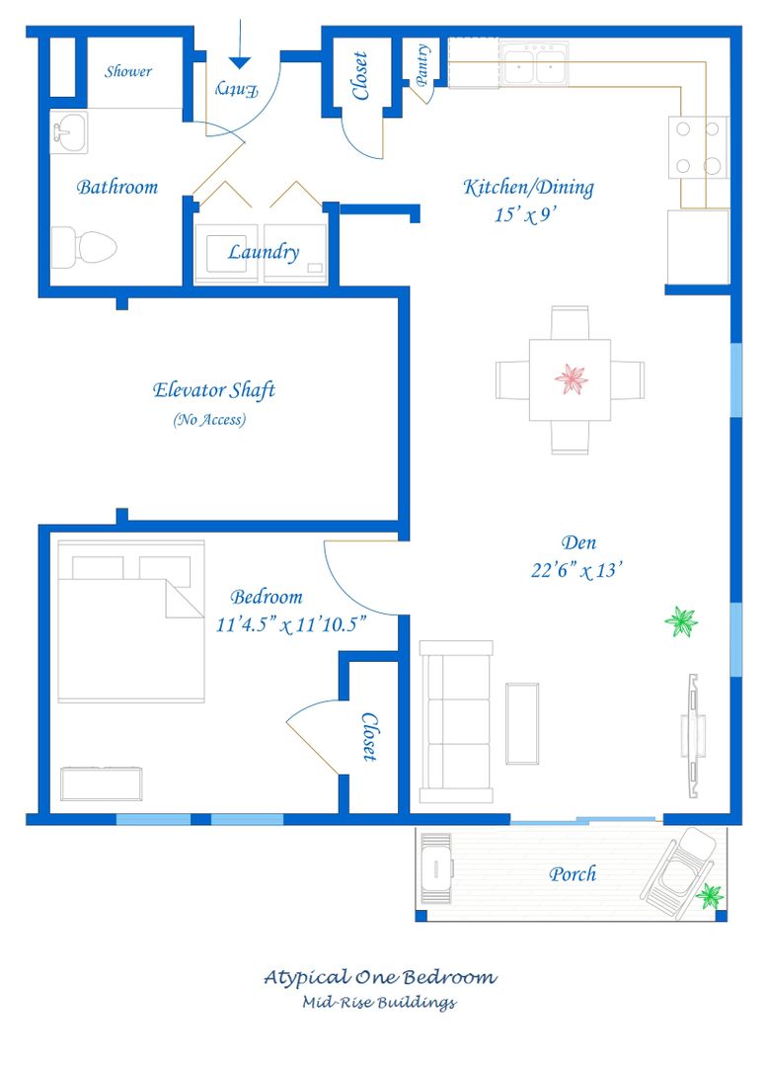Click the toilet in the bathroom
tap(84, 246)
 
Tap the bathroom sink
tap(69, 131)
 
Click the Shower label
tap(127, 71)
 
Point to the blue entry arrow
tap(240, 44)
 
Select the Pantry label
tap(422, 65)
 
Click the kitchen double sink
tap(534, 63)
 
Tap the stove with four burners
tap(698, 147)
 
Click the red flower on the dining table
tap(571, 379)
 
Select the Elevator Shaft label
tap(213, 390)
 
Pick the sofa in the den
tap(456, 721)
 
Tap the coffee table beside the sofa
tap(522, 723)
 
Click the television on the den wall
tap(693, 736)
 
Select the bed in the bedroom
tap(131, 620)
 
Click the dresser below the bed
tap(102, 783)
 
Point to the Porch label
tap(573, 873)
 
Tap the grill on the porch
tap(435, 868)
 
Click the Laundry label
tap(263, 253)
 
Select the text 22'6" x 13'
tap(576, 570)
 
